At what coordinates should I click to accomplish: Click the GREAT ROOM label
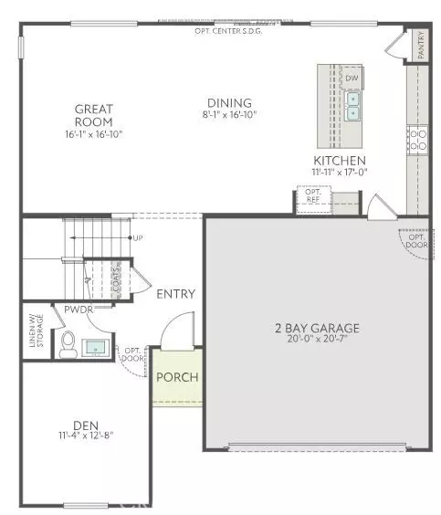point(94,116)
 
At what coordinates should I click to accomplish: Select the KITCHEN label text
point(339,160)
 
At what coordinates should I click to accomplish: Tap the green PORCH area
point(177,377)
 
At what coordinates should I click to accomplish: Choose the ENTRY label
point(176,293)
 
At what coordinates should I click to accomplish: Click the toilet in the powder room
point(68,346)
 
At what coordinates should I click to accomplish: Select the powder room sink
point(95,348)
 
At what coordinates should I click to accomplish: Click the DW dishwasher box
point(352,79)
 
